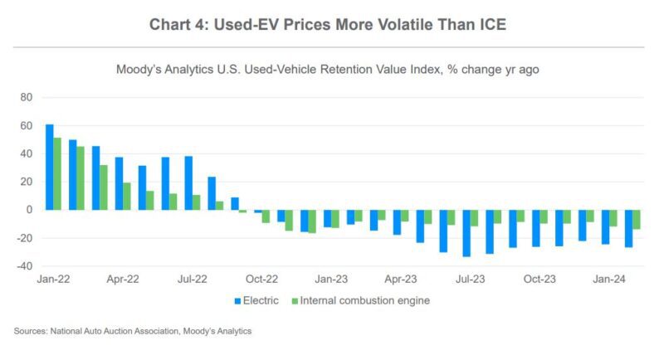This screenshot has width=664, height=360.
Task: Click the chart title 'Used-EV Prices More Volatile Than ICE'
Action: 328,25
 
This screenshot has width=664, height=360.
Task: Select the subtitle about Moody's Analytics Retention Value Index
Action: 328,70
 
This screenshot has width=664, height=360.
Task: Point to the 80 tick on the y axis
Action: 25,98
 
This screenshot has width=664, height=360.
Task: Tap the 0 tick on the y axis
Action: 27,210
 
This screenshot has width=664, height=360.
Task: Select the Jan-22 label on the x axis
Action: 53,279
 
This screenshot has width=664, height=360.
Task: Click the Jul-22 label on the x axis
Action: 193,279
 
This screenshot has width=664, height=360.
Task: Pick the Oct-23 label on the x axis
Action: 539,279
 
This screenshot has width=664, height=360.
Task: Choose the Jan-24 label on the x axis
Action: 609,279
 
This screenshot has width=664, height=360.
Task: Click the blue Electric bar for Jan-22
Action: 50,167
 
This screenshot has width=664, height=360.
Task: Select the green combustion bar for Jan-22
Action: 57,173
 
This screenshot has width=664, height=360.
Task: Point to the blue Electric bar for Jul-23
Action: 466,232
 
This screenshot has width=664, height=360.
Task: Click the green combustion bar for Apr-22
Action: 127,196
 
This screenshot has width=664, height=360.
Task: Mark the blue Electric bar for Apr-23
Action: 397,221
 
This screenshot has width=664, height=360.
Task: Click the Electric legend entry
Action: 256,300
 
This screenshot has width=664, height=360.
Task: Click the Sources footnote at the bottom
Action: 133,332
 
